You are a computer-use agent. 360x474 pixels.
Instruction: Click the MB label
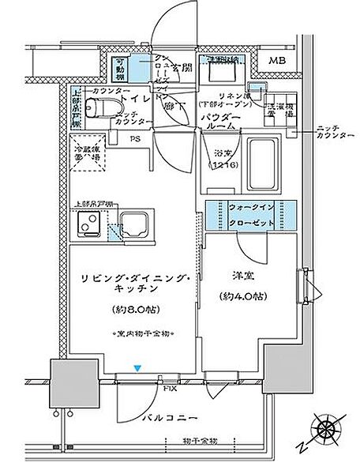[x=276, y=62]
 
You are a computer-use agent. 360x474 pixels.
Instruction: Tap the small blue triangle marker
[x=138, y=368]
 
